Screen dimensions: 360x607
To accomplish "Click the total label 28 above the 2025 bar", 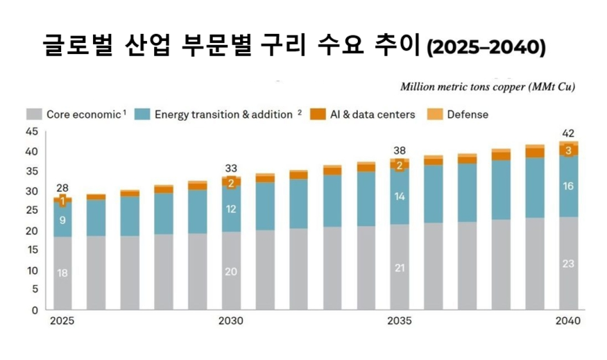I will pos(62,189).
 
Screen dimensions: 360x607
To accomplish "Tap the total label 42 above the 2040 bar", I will pos(568,133).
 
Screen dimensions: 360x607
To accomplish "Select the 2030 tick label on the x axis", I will pos(230,321).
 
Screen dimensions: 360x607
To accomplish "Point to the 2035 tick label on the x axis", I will pos(399,321).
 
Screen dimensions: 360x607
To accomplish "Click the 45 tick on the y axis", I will pos(32,131).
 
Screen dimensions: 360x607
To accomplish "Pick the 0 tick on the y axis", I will pos(35,310).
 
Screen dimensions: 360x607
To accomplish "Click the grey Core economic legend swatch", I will pos(34,114).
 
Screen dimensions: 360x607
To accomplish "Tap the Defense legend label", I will pos(468,114).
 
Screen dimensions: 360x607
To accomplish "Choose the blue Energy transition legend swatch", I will pos(142,114).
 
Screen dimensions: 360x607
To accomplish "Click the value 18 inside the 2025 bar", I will pos(62,273).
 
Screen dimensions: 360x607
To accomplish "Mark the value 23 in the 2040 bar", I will pos(568,264).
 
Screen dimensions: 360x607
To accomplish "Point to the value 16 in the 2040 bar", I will pos(568,187).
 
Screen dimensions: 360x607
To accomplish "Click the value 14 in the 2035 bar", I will pos(399,196).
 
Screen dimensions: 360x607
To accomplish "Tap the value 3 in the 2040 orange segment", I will pos(568,151).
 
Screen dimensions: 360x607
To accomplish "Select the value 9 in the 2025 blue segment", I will pos(62,221).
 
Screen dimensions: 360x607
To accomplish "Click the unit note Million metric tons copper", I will pos(488,87).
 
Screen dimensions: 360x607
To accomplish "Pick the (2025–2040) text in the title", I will pos(486,48).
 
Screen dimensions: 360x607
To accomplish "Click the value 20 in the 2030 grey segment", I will pos(230,271).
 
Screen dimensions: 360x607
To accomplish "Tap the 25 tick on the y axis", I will pos(32,211).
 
